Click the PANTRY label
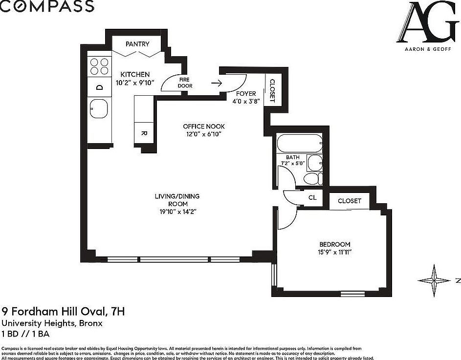(x=137, y=44)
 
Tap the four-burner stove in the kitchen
(x=99, y=66)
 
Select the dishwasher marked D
(x=99, y=87)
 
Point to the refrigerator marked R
(x=144, y=133)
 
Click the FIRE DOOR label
(x=185, y=83)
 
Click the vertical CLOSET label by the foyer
(x=272, y=91)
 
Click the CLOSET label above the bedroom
(x=349, y=201)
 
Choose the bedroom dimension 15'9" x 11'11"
(x=335, y=252)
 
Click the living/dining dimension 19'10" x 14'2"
(x=177, y=212)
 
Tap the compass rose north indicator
(x=434, y=280)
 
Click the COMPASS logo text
(x=47, y=6)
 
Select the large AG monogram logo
(x=428, y=22)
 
